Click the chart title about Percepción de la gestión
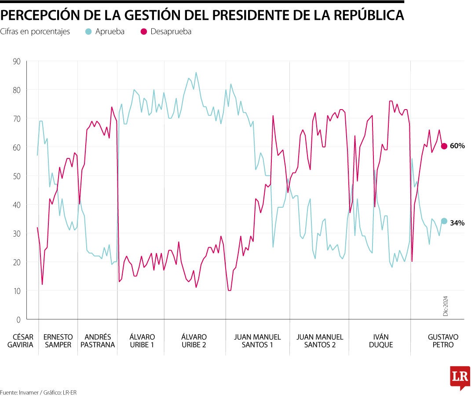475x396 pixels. coord(202,15)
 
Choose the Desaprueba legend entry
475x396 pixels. coord(166,32)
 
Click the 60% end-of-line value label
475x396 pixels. coord(457,146)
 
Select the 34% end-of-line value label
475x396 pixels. coord(457,223)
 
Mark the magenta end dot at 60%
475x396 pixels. coord(444,146)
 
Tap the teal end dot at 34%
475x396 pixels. coord(444,221)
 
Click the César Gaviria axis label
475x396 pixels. coord(20,341)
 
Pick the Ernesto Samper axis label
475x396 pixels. coord(58,341)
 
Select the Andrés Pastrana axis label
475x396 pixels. coord(98,341)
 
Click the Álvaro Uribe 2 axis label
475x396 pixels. coord(194,341)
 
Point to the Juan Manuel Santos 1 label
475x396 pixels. coord(257,341)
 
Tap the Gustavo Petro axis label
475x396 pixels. coord(443,341)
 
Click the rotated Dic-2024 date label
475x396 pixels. coord(445,306)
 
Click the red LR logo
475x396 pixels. coord(460,377)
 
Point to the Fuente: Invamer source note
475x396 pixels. coord(35,392)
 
